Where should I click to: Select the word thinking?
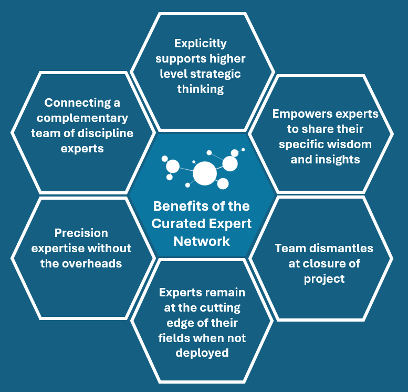point(201,89)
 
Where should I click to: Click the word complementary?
point(82,118)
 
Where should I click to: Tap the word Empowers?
point(302,114)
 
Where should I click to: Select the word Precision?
point(81,233)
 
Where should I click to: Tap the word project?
point(325,278)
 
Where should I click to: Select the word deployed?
point(202,353)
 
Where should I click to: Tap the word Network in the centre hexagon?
point(202,241)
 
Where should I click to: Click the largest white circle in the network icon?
point(204,172)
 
